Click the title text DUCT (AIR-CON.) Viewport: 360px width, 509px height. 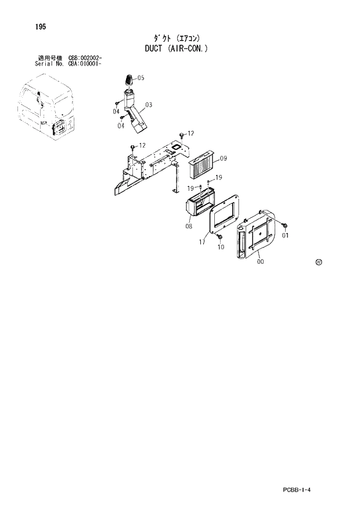(176, 49)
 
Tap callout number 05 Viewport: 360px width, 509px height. (141, 78)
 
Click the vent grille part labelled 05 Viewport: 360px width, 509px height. (129, 80)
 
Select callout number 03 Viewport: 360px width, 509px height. (149, 105)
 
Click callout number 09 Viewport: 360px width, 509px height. (224, 158)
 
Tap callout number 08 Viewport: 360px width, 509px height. (189, 227)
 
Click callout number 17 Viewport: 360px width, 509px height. (202, 242)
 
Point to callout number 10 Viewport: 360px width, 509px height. (221, 247)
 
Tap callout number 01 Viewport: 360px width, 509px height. (285, 235)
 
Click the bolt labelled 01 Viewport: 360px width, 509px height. (285, 225)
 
